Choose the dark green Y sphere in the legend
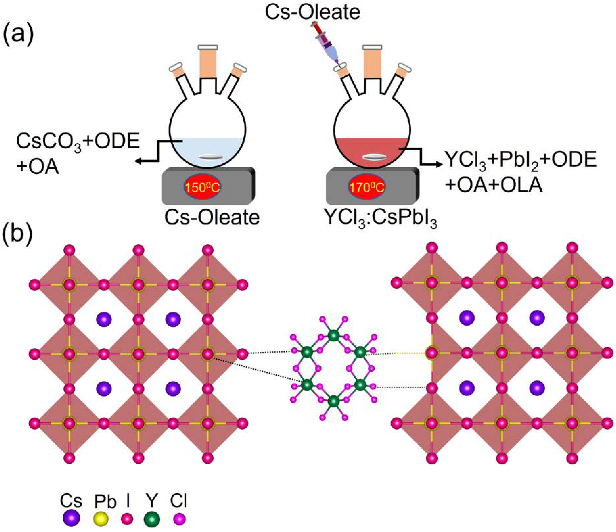click(x=152, y=519)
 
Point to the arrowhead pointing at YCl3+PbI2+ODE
click(x=439, y=165)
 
